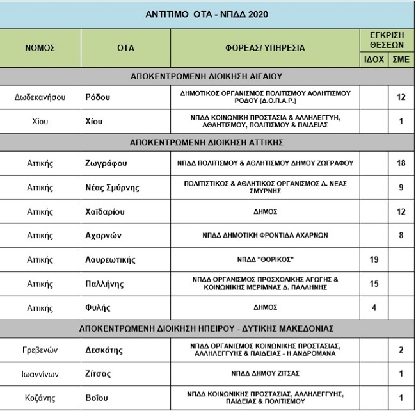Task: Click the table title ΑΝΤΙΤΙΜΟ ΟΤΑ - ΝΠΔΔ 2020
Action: click(x=207, y=14)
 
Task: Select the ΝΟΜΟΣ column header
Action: click(x=40, y=48)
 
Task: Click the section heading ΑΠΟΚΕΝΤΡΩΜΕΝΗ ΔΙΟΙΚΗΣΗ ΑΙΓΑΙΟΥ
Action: click(x=207, y=76)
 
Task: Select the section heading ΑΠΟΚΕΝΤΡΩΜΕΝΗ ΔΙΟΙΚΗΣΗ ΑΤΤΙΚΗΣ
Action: click(x=207, y=142)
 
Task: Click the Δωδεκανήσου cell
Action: click(x=40, y=97)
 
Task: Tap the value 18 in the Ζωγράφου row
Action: click(x=401, y=163)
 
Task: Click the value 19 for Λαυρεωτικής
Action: click(x=374, y=260)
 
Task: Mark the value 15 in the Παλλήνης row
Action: click(x=374, y=284)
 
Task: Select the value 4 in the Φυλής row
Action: click(x=374, y=308)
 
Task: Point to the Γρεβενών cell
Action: click(x=40, y=350)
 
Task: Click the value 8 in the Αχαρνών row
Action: click(x=401, y=236)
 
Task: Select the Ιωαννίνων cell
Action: click(x=40, y=374)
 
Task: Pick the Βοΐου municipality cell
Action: click(x=97, y=398)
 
